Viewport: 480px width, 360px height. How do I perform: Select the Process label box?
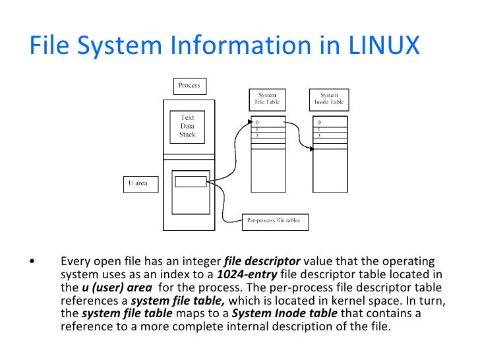tap(189, 85)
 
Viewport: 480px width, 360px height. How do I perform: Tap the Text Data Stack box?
tap(187, 127)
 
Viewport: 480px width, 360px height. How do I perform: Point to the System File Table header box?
tap(267, 99)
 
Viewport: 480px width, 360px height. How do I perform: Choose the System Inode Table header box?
tap(328, 99)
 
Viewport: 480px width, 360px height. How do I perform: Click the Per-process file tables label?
tap(273, 220)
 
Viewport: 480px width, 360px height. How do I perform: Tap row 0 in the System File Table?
tap(268, 123)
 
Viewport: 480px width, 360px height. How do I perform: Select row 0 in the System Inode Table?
tap(330, 123)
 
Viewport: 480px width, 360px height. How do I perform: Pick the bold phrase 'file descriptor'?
tap(262, 260)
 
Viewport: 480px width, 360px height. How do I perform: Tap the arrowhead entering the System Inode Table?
tap(312, 149)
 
